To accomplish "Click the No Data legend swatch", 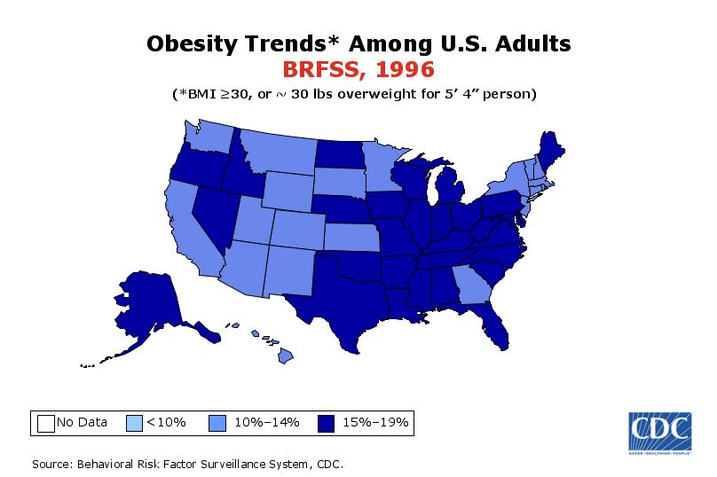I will click(46, 422).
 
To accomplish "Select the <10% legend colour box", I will click(135, 422).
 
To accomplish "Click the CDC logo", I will click(659, 432).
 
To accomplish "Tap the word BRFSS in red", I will click(320, 68).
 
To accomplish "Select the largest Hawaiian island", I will click(286, 356).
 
